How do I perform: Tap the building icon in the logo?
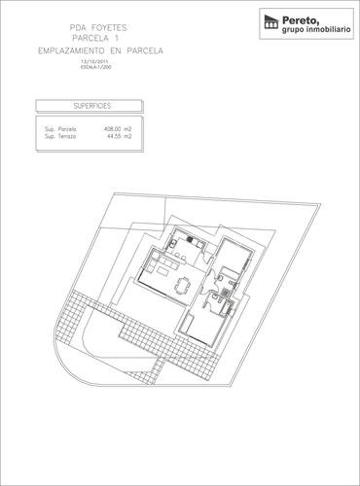click(269, 22)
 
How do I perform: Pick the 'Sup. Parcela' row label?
click(61, 128)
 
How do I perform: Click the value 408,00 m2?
click(118, 128)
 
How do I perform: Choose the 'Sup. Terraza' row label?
click(61, 136)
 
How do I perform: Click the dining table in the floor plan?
click(183, 284)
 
